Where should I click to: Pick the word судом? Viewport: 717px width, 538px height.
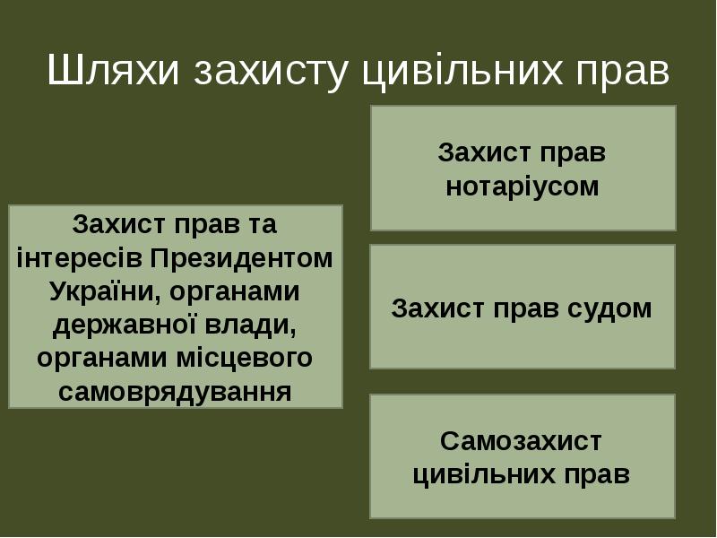(609, 309)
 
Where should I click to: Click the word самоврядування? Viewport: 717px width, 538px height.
(175, 391)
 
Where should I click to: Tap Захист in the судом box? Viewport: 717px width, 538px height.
(436, 309)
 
